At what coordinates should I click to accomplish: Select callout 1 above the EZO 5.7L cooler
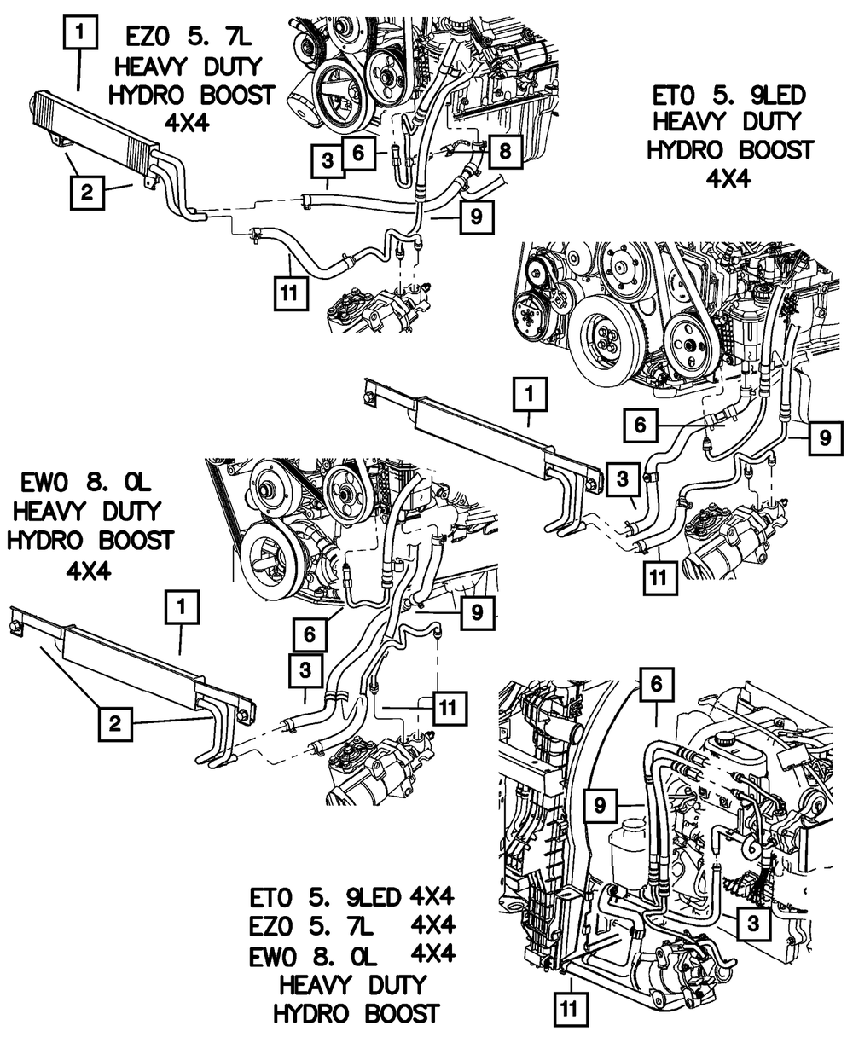point(79,35)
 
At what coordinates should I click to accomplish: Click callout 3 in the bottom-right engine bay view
point(752,923)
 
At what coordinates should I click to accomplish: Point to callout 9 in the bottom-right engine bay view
point(601,803)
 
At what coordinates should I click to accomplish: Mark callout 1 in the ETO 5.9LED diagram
point(530,394)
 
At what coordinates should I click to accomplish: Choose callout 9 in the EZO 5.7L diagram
point(474,217)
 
